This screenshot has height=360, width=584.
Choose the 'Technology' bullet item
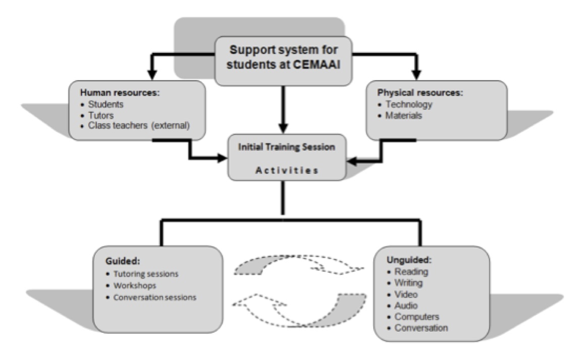[x=408, y=105]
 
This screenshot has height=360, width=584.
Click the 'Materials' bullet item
[x=404, y=116]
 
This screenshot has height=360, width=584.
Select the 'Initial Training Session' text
[x=287, y=147]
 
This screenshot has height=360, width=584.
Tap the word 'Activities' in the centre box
[x=287, y=170]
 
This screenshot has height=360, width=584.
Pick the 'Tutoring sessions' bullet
[x=146, y=274]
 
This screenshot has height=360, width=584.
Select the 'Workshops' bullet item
[x=135, y=286]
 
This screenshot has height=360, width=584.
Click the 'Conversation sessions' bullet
[x=154, y=297]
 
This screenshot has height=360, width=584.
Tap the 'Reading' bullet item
[x=411, y=272]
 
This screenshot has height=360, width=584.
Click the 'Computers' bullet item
[x=416, y=317]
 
